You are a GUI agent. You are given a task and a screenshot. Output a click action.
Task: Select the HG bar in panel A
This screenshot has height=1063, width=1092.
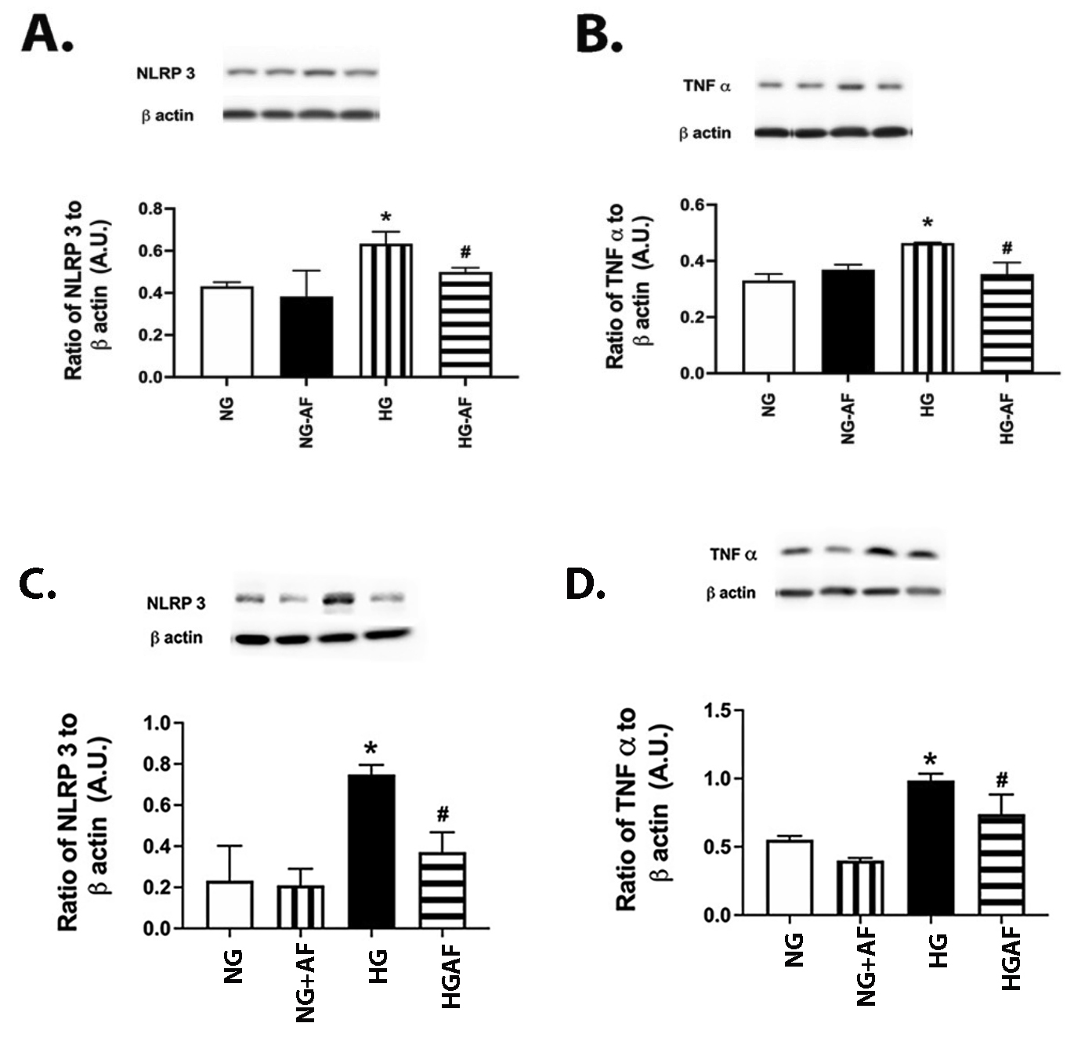386,310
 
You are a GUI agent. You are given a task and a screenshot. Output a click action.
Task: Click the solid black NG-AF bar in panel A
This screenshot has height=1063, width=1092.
306,337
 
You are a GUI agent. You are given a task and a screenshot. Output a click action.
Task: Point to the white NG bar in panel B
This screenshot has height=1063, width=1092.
768,327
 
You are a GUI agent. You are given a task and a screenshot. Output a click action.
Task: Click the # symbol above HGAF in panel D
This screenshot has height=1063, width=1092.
1003,780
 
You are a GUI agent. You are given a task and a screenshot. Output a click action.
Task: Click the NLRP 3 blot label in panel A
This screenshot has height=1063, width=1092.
165,74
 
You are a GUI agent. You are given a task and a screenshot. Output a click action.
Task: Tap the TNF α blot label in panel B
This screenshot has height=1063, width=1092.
707,86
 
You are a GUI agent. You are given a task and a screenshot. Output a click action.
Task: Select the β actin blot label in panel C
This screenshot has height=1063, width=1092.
176,638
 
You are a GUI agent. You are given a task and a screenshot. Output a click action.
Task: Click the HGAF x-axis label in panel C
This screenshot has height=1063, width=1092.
450,976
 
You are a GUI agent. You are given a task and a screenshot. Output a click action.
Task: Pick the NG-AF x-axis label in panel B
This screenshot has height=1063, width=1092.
848,420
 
